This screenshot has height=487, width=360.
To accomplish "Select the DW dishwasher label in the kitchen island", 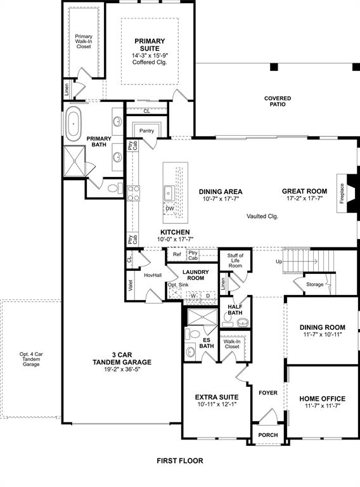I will (x=169, y=209).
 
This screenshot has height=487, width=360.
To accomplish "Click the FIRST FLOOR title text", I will (x=180, y=461).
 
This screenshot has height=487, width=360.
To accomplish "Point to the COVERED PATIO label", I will (x=278, y=101).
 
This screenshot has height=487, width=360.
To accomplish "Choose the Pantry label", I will (x=147, y=131).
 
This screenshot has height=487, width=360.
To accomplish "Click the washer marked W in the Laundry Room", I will (x=192, y=295).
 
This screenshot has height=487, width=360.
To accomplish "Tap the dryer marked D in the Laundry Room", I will (x=208, y=295).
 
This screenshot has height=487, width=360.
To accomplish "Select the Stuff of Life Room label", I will (x=235, y=260).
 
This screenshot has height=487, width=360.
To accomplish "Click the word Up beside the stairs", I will (x=278, y=261).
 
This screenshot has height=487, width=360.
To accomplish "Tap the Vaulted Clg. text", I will (x=262, y=216).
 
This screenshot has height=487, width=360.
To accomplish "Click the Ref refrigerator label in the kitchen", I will (x=177, y=254).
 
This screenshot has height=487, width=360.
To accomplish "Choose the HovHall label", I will (x=152, y=275).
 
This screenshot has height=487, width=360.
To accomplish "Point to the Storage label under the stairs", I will (x=314, y=284).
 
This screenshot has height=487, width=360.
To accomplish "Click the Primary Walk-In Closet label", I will (x=84, y=41).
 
